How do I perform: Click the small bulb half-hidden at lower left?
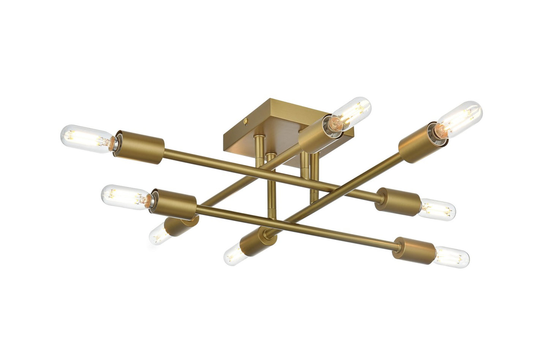click(159, 233)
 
